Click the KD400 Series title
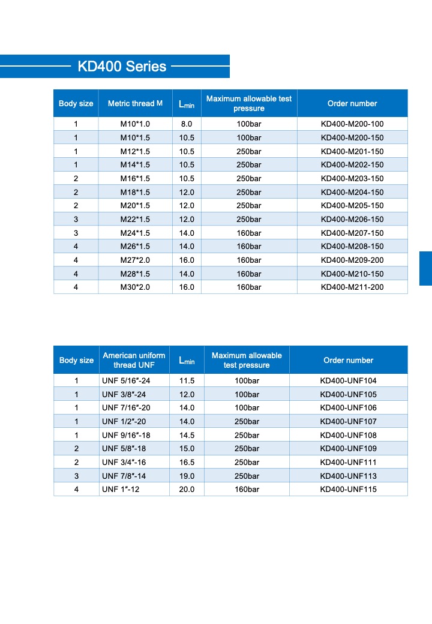pyautogui.click(x=122, y=66)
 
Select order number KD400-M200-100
pyautogui.click(x=352, y=124)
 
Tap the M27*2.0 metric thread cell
pyautogui.click(x=135, y=260)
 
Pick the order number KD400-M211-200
pyautogui.click(x=352, y=287)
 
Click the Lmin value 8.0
pyautogui.click(x=187, y=124)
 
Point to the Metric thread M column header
pyautogui.click(x=135, y=103)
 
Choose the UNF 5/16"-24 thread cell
pyautogui.click(x=126, y=380)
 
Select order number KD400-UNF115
pyautogui.click(x=349, y=489)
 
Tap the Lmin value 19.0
pyautogui.click(x=187, y=476)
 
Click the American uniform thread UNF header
pyautogui.click(x=134, y=360)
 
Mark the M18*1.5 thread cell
pyautogui.click(x=135, y=192)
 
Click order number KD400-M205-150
pyautogui.click(x=352, y=206)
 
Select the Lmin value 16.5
pyautogui.click(x=187, y=462)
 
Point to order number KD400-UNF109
pyautogui.click(x=349, y=448)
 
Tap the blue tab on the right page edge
pyautogui.click(x=425, y=268)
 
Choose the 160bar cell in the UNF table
pyautogui.click(x=247, y=489)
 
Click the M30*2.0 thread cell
pyautogui.click(x=135, y=287)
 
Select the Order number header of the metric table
pyautogui.click(x=352, y=103)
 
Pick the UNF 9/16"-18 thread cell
pyautogui.click(x=126, y=435)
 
